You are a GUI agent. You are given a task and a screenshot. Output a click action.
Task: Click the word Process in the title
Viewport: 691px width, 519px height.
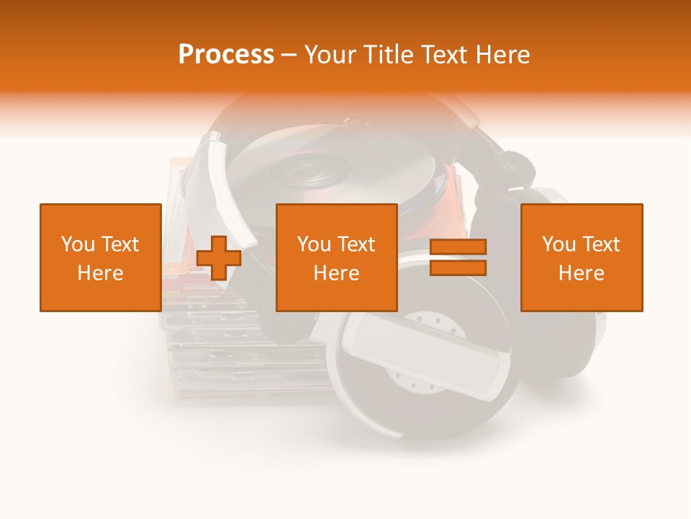click(226, 55)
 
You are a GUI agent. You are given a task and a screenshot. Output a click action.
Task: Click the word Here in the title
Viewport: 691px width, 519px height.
click(503, 55)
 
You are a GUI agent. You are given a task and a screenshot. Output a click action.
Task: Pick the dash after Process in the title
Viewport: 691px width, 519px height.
click(289, 56)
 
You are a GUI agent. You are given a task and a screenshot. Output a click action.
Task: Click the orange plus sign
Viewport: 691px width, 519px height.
click(218, 257)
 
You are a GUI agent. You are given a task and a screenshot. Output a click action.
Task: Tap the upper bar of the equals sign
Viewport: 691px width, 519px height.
click(459, 247)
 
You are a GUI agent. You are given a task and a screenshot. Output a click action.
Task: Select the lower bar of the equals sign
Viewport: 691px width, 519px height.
click(459, 267)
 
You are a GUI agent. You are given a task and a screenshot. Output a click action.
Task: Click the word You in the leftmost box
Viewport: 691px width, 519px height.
click(76, 244)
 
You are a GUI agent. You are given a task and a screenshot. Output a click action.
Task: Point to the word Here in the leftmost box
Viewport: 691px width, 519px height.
click(100, 273)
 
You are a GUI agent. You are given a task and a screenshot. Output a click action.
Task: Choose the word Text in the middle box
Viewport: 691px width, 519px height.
click(356, 244)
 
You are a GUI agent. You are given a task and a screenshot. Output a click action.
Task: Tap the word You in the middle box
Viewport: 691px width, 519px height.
click(313, 244)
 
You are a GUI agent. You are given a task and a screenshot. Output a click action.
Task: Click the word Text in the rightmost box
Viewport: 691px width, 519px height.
click(601, 244)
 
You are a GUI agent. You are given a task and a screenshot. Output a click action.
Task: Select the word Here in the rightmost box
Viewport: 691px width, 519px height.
click(582, 273)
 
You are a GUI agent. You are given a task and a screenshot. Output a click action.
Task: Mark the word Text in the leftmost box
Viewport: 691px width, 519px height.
click(119, 244)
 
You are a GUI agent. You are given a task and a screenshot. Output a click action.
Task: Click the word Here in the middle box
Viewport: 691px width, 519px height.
click(337, 273)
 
